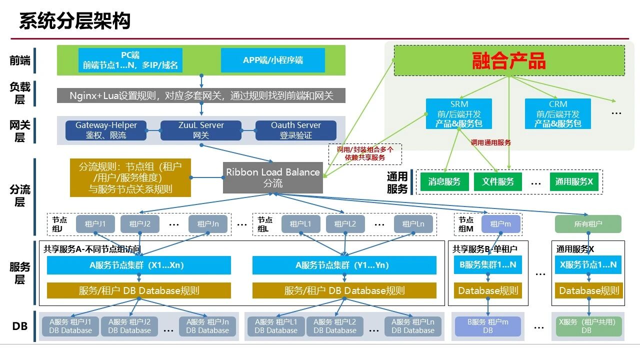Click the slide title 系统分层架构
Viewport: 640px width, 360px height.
tap(75, 21)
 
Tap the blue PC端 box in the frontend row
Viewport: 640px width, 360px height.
tap(130, 60)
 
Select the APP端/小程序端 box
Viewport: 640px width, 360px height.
tap(273, 60)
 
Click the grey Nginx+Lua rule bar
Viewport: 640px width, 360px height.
tap(201, 95)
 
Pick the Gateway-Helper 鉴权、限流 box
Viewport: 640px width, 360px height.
tap(106, 130)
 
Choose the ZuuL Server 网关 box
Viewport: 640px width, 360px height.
tap(201, 130)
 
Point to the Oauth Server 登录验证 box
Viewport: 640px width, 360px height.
tap(296, 130)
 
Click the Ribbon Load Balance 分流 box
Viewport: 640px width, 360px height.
tap(273, 177)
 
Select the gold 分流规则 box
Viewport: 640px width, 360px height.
tap(130, 177)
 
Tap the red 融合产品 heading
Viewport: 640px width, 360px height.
tap(509, 60)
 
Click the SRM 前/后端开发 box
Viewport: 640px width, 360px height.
tap(459, 113)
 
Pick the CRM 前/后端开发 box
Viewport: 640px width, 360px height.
tap(558, 113)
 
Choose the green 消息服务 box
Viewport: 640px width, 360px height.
tap(444, 181)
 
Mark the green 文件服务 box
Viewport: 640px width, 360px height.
tap(498, 181)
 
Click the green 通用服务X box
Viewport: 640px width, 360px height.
tap(574, 181)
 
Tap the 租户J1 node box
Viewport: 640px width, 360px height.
tap(95, 224)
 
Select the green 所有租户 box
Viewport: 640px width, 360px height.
tap(588, 224)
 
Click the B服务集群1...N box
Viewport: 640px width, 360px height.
tap(488, 265)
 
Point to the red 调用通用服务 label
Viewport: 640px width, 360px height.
tap(491, 142)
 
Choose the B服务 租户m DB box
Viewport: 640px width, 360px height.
tap(488, 326)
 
